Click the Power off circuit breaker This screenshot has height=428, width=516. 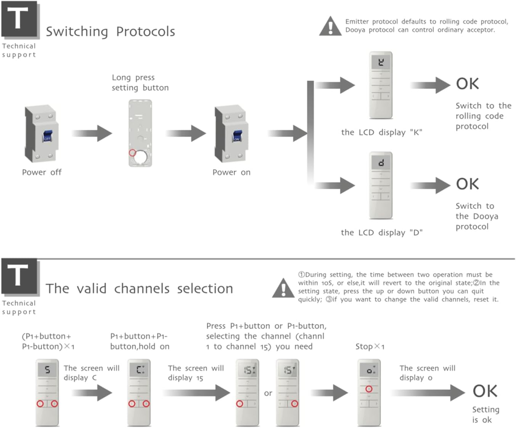(x=41, y=134)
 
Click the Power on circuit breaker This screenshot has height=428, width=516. (x=231, y=134)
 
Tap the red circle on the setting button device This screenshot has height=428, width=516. (x=132, y=153)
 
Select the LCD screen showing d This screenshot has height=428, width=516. (x=381, y=163)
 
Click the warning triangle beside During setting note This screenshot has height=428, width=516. (x=283, y=288)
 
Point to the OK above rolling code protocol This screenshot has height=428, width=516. (x=467, y=84)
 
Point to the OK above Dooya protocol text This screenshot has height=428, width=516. (x=467, y=184)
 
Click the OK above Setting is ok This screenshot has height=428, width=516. (x=485, y=391)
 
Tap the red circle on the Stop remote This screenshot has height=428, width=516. (x=369, y=389)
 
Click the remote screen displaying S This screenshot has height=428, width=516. (x=47, y=369)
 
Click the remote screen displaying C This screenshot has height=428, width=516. (x=140, y=369)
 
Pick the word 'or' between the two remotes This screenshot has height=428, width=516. (x=268, y=393)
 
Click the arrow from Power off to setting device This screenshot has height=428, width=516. (x=92, y=133)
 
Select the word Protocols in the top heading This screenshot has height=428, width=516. (x=145, y=32)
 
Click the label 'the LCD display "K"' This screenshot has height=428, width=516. (x=381, y=133)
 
